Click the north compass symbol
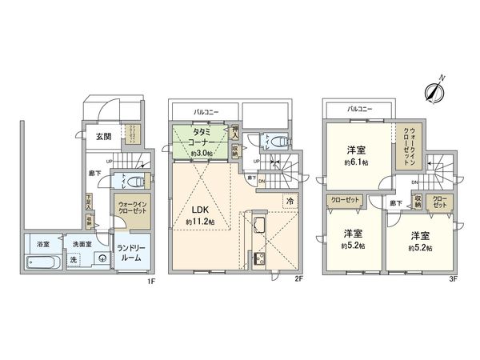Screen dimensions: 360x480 click(435, 90)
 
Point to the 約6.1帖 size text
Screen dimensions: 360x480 click(355, 161)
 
